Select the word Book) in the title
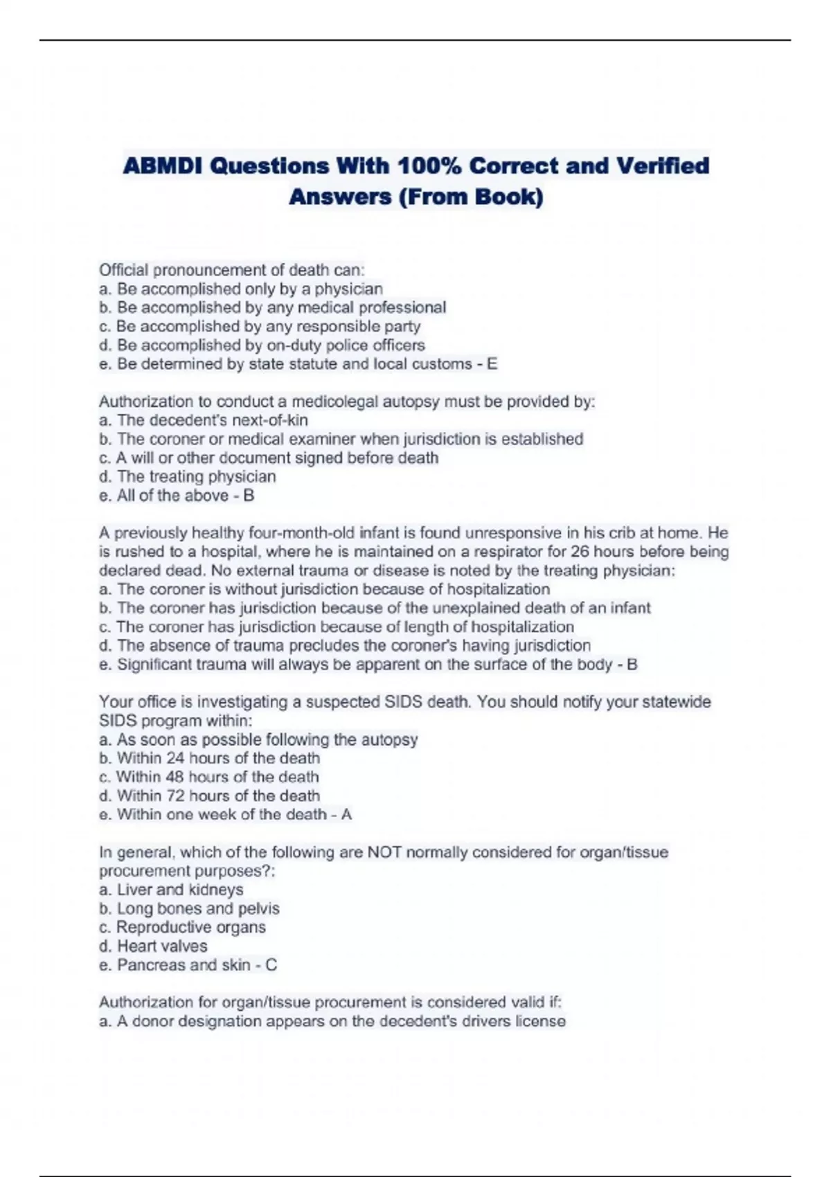[509, 197]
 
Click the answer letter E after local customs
[492, 364]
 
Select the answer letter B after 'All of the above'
[249, 496]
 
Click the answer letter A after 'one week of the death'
[346, 815]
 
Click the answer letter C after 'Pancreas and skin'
[271, 965]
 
